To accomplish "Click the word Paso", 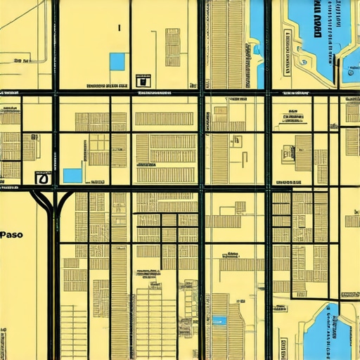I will (x=11, y=235).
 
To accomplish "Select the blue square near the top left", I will (x=117, y=62).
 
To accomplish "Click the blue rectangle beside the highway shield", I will (x=72, y=175).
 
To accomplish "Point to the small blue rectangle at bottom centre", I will (x=220, y=321).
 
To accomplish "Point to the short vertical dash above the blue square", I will (x=120, y=29).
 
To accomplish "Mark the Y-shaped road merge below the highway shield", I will (x=53, y=204).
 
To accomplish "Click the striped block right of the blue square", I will (x=172, y=42).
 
